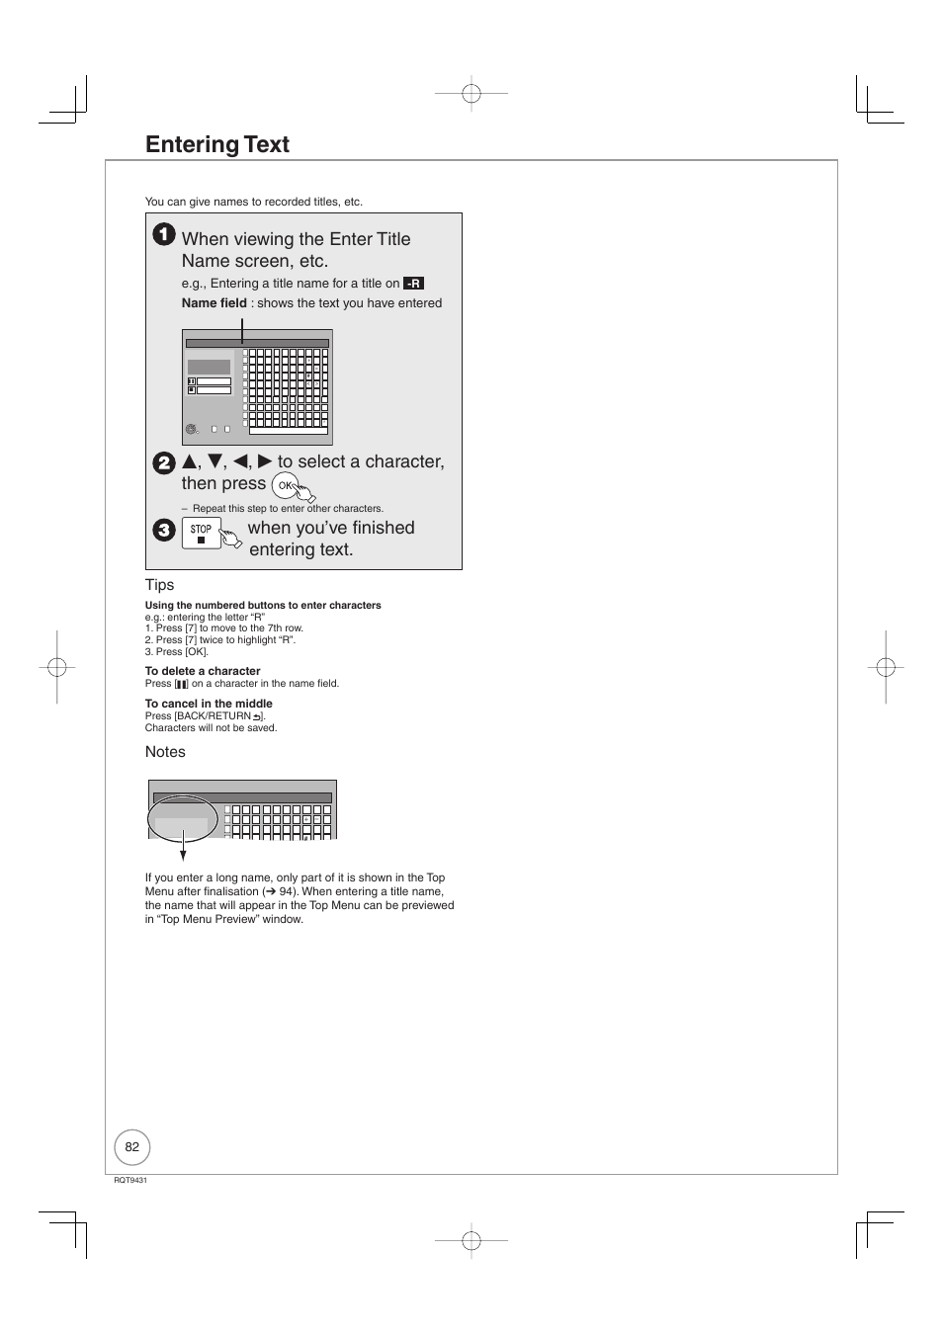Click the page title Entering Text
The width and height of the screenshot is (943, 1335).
(217, 144)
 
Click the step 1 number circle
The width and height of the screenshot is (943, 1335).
(164, 235)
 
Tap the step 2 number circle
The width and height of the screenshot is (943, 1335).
(163, 463)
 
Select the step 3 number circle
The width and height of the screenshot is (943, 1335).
(163, 530)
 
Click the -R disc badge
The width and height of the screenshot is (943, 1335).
(414, 284)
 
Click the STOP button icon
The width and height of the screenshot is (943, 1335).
(201, 534)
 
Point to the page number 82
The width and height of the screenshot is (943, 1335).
(132, 1147)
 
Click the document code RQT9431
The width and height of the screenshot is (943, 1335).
(130, 1181)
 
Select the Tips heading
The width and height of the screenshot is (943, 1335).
(159, 585)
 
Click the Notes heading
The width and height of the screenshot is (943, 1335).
(165, 752)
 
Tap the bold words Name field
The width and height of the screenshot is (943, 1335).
(214, 303)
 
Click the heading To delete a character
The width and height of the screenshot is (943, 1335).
(203, 671)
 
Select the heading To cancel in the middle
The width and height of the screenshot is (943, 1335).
(209, 704)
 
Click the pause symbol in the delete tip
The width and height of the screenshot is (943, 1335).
(181, 684)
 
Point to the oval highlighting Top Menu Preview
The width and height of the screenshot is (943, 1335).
(183, 818)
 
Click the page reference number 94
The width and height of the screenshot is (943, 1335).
(288, 891)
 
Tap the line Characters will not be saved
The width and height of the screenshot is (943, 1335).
(211, 728)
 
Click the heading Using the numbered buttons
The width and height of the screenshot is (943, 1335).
(263, 606)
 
